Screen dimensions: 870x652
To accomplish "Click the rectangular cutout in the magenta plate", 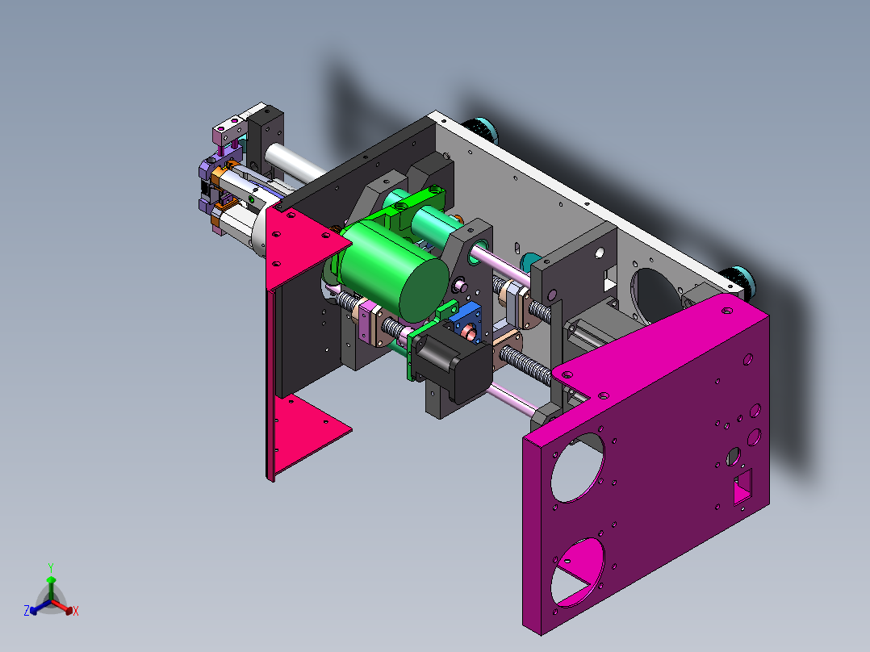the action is click(x=743, y=487).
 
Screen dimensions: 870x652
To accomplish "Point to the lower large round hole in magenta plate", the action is click(x=577, y=571).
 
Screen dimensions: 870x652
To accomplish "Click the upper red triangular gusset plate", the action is click(x=303, y=245).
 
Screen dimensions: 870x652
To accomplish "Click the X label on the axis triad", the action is click(x=76, y=611).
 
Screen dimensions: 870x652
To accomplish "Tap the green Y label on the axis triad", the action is click(x=51, y=567).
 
